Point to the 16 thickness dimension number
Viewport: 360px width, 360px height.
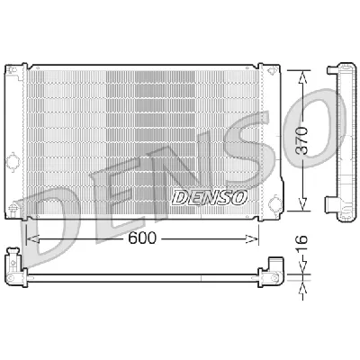tap(304, 245)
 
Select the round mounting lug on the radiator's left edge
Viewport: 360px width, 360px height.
tap(13, 163)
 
